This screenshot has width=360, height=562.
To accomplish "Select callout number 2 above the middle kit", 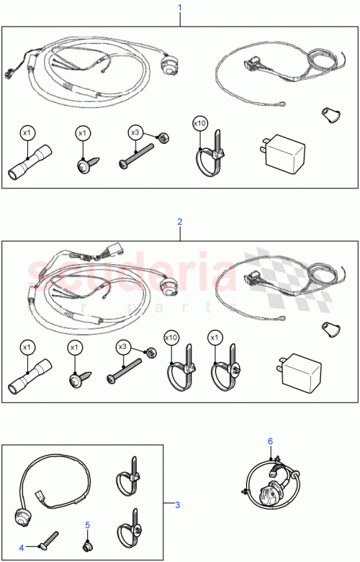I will point(180,222).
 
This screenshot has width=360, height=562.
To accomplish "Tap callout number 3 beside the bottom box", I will point(177,504).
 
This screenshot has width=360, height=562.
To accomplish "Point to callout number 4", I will point(21,548).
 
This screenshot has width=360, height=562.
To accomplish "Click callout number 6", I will point(270,440).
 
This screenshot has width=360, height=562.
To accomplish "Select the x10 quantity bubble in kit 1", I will point(199,124).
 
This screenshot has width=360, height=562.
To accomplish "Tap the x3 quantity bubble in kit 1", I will point(135,132).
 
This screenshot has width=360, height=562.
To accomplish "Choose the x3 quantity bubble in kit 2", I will point(122,347).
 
